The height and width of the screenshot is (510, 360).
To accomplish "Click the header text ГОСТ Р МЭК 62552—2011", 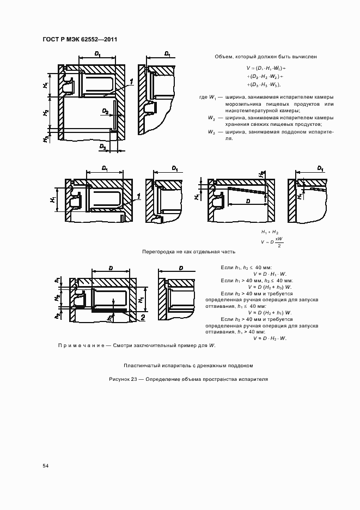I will tap(80, 40).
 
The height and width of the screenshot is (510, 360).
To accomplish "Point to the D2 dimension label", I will tap(105, 111).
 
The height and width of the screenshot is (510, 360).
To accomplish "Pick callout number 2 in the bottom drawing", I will tap(142, 317).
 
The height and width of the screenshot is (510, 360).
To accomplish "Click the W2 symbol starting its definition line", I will tap(211, 118).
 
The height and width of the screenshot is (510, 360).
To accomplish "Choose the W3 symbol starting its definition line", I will tap(211, 132).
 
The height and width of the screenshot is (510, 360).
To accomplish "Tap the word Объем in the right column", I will tap(224, 57).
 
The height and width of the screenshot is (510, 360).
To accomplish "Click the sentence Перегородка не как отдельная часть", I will tap(188, 252).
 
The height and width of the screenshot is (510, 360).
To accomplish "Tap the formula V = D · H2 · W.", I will tap(270, 338).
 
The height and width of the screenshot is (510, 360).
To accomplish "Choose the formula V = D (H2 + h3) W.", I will tap(270, 287).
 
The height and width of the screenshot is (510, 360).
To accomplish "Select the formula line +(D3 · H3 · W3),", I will tap(264, 85).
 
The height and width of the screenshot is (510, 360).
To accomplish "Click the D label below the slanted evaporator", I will tap(248, 202).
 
